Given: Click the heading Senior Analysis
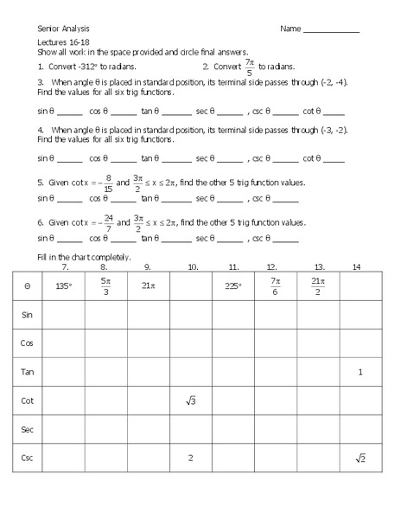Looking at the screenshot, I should point(62,29).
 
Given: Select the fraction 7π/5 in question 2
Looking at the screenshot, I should point(249,66).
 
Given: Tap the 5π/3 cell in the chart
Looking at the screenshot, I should point(105,285).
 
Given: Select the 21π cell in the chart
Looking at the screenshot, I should point(147,285).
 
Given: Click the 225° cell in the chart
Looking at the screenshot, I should point(232,285).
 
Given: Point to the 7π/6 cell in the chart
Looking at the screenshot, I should point(275,285).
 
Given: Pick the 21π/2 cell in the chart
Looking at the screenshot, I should point(317,285).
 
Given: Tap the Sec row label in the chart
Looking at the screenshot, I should point(27,429).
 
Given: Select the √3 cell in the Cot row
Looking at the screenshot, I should point(190,400).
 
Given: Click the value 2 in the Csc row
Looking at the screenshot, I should point(190,458).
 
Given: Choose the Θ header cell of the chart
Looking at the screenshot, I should point(27,285).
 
